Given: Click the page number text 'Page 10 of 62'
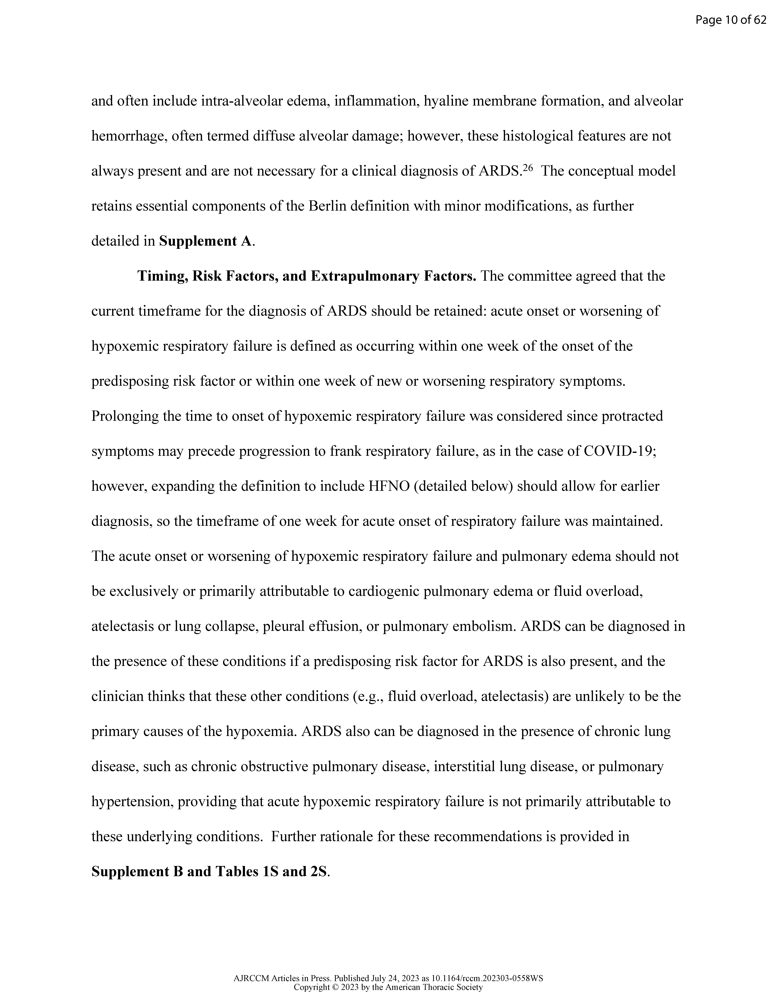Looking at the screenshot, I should [x=731, y=20].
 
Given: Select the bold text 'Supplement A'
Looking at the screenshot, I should [x=206, y=241].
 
